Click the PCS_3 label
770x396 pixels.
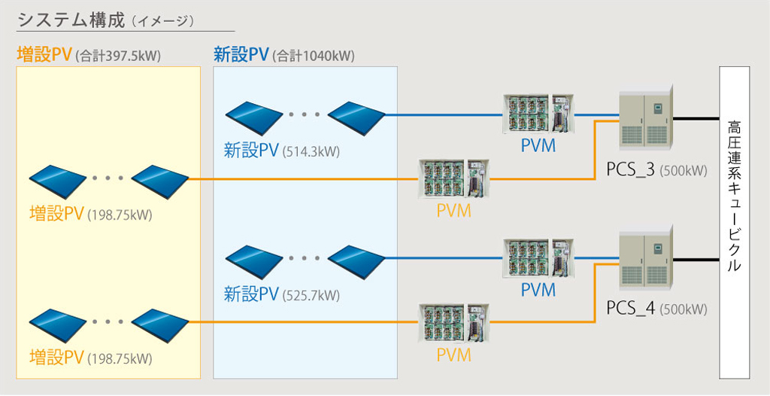click(x=630, y=170)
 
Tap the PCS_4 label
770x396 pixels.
click(x=630, y=308)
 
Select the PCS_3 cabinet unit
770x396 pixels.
click(x=644, y=119)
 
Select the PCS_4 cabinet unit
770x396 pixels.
click(x=644, y=259)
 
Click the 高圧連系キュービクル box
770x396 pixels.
click(x=735, y=223)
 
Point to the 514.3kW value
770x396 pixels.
click(x=311, y=152)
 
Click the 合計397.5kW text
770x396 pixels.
click(x=118, y=56)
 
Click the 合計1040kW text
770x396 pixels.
click(x=314, y=56)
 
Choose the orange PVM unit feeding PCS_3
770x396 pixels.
click(x=454, y=179)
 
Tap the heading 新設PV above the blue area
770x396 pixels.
click(x=241, y=55)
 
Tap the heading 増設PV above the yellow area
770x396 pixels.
click(x=44, y=55)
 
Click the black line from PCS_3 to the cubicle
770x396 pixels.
click(x=696, y=118)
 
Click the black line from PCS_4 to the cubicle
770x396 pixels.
click(x=696, y=259)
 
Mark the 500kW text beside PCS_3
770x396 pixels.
click(x=684, y=171)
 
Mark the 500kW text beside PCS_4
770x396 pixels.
click(x=684, y=309)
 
